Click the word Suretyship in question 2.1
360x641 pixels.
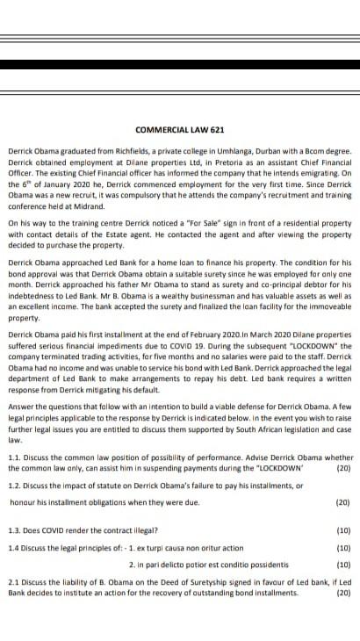pos(195,581)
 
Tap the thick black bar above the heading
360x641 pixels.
pos(180,64)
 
